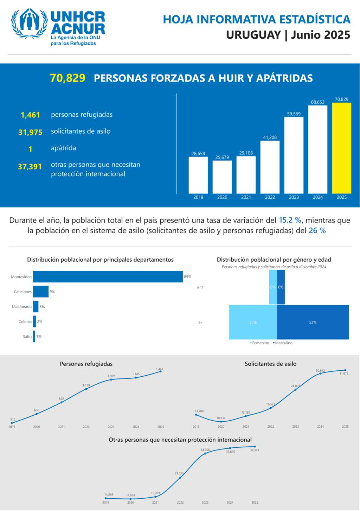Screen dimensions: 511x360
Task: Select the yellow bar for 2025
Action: pos(341,148)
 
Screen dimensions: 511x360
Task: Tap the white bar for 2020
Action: pos(222,177)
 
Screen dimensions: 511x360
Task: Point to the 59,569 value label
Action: pos(294,114)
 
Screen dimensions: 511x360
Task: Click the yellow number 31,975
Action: pos(31,132)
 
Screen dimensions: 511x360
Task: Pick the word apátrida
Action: pos(64,148)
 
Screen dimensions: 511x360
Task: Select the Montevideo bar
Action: pos(108,277)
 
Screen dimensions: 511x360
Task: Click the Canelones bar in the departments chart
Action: pos(41,292)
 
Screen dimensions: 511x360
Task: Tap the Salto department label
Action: pos(27,337)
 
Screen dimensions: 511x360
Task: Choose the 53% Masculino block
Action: pos(313,322)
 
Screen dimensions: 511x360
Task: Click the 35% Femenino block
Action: pos(253,322)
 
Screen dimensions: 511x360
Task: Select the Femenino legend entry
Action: pos(260,343)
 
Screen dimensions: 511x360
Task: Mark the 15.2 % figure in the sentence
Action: pos(290,221)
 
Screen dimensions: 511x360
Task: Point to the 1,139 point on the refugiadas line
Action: pos(86,389)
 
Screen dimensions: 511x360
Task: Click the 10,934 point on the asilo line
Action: pos(221,421)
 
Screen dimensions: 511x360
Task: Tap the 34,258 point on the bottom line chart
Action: pos(205,453)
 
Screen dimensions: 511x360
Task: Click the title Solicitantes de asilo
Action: pos(270,364)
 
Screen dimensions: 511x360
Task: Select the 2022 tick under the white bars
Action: pos(270,197)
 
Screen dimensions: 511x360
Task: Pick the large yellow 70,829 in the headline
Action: pos(67,78)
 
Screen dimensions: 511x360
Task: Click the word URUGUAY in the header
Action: pos(253,35)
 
